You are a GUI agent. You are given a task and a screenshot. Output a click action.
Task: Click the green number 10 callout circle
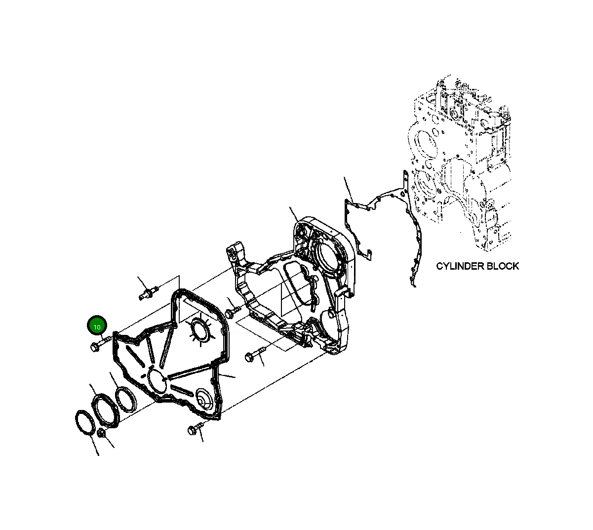pyautogui.click(x=97, y=326)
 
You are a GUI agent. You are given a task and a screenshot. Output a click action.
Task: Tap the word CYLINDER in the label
pyautogui.click(x=460, y=266)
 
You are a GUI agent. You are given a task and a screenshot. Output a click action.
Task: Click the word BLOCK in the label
pyautogui.click(x=503, y=266)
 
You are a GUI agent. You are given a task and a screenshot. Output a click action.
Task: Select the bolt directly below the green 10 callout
pyautogui.click(x=97, y=345)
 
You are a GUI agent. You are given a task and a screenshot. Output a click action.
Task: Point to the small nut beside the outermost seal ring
pyautogui.click(x=101, y=434)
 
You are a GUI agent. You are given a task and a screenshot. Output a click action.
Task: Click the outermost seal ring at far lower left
pyautogui.click(x=84, y=423)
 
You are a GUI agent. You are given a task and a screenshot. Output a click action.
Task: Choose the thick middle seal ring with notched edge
pyautogui.click(x=106, y=408)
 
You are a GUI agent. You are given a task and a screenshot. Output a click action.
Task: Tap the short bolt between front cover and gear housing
pyautogui.click(x=231, y=312)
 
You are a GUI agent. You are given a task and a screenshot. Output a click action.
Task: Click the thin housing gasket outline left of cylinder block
pyautogui.click(x=380, y=217)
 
